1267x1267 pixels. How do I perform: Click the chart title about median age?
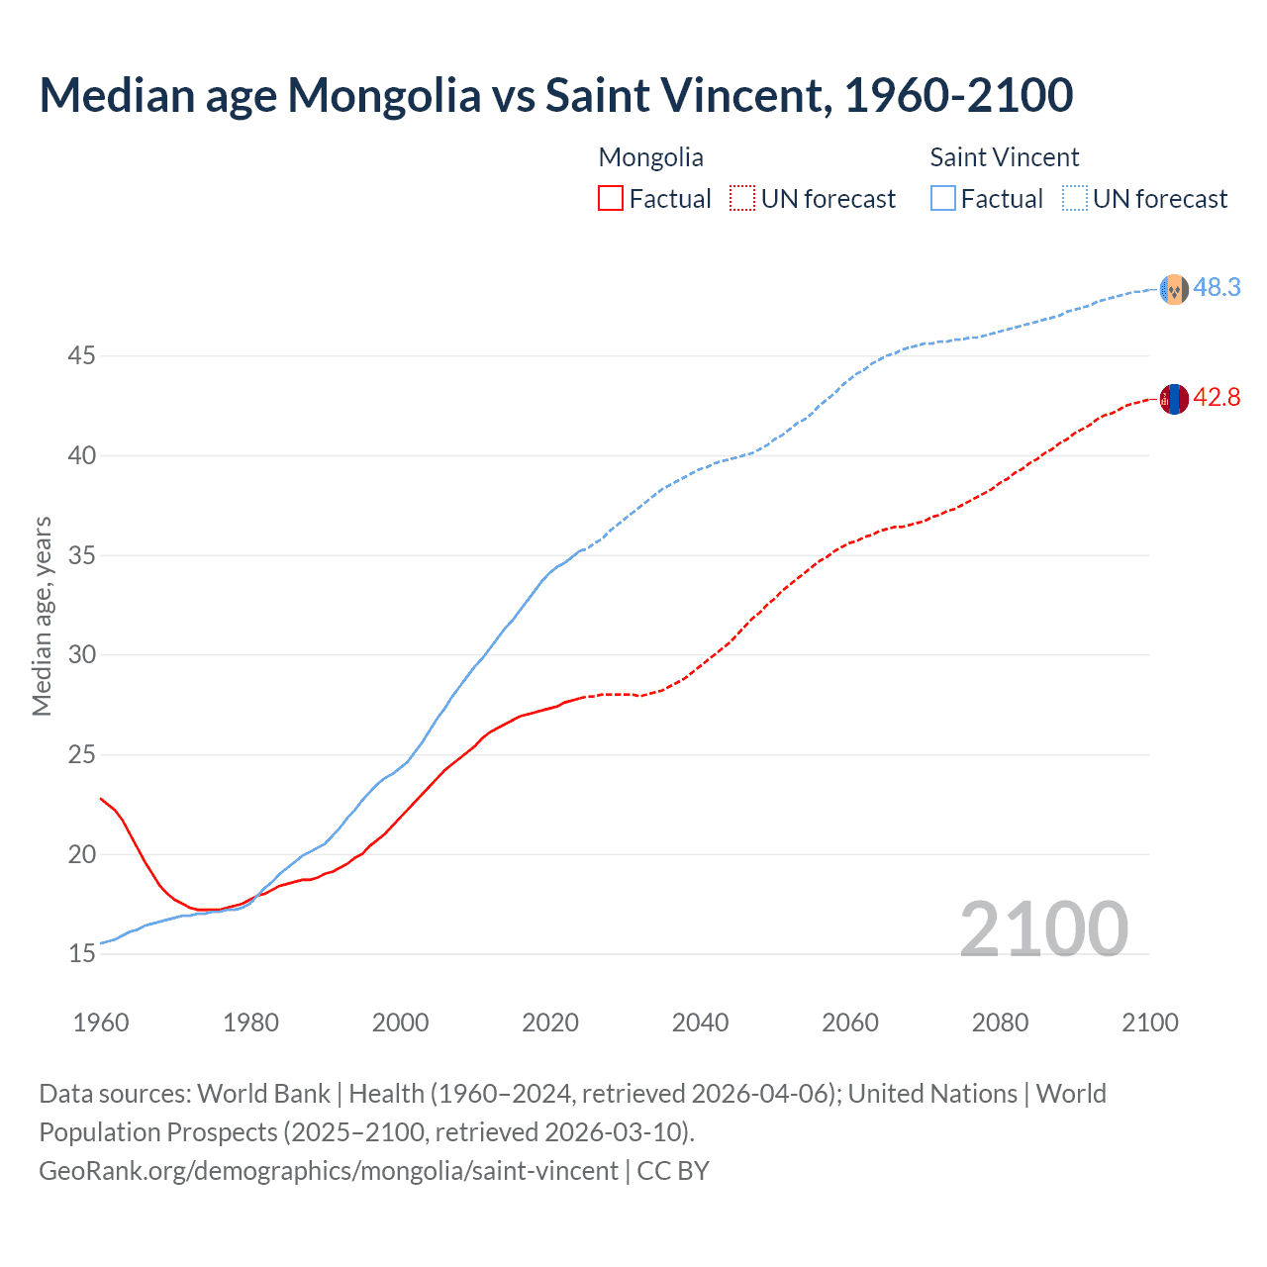[555, 96]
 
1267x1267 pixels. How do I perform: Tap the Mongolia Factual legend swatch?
[611, 199]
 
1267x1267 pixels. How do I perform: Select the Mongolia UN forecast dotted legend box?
[742, 199]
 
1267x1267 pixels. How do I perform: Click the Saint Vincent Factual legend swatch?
[943, 199]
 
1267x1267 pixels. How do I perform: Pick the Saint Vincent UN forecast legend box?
[1075, 199]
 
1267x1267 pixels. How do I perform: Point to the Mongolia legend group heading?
[650, 157]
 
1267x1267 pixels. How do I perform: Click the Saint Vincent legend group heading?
[1004, 157]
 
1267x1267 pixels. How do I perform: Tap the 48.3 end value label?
[1217, 288]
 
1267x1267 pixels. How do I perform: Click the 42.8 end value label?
[1217, 398]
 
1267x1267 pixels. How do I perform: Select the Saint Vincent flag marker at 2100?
[1174, 289]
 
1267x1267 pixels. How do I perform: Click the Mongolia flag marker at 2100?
[1174, 399]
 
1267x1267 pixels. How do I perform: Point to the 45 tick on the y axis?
[81, 355]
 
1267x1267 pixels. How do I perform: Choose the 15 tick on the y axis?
[81, 954]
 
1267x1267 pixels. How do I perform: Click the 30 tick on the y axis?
[81, 655]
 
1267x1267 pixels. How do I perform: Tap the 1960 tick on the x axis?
[101, 1023]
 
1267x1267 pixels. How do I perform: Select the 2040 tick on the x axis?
[700, 1023]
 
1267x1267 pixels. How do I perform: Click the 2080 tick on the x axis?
[1000, 1023]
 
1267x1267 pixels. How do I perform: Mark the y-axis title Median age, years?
[42, 616]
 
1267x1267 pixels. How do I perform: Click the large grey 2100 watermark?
[1043, 929]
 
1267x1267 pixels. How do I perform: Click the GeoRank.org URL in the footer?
[329, 1171]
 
